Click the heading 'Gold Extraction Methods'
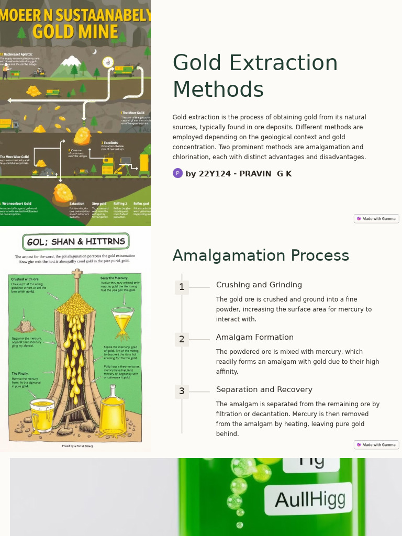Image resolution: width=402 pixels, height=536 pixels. (x=255, y=76)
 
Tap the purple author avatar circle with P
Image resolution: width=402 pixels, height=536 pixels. (x=177, y=173)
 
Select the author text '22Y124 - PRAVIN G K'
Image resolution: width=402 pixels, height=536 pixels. (x=245, y=174)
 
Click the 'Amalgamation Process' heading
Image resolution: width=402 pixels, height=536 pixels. (x=261, y=255)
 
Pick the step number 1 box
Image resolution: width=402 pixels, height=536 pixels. (x=182, y=287)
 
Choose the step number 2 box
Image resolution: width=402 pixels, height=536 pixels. (x=182, y=339)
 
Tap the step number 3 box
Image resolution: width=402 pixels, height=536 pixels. (x=182, y=391)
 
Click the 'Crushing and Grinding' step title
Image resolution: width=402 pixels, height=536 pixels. (x=259, y=285)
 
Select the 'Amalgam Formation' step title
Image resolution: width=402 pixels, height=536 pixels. (x=254, y=337)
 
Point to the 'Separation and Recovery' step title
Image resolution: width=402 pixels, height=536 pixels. (x=264, y=389)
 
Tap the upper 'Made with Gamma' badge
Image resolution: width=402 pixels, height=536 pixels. (x=376, y=219)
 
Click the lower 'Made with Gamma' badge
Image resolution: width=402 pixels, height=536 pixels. (x=376, y=445)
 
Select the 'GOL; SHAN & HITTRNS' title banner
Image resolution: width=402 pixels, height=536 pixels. (x=76, y=241)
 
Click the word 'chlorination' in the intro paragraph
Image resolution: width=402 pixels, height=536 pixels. (x=194, y=157)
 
